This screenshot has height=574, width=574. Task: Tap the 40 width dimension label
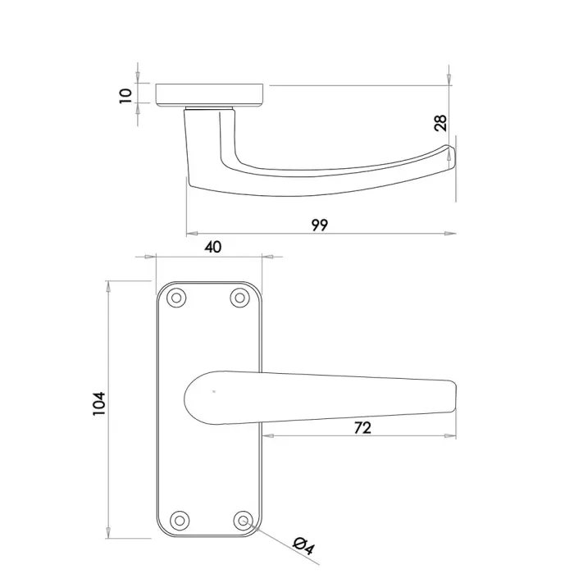click(x=212, y=247)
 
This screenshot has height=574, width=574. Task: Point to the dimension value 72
click(x=362, y=427)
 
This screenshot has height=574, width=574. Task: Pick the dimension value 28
click(x=440, y=124)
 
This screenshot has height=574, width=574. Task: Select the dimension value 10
click(x=125, y=93)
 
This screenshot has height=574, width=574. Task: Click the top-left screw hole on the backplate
click(x=175, y=298)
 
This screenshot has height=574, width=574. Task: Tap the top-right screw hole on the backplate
click(x=239, y=298)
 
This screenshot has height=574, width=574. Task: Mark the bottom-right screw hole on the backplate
click(x=242, y=520)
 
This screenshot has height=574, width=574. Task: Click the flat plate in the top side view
click(x=210, y=93)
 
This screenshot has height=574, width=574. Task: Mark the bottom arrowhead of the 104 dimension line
click(x=108, y=531)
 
